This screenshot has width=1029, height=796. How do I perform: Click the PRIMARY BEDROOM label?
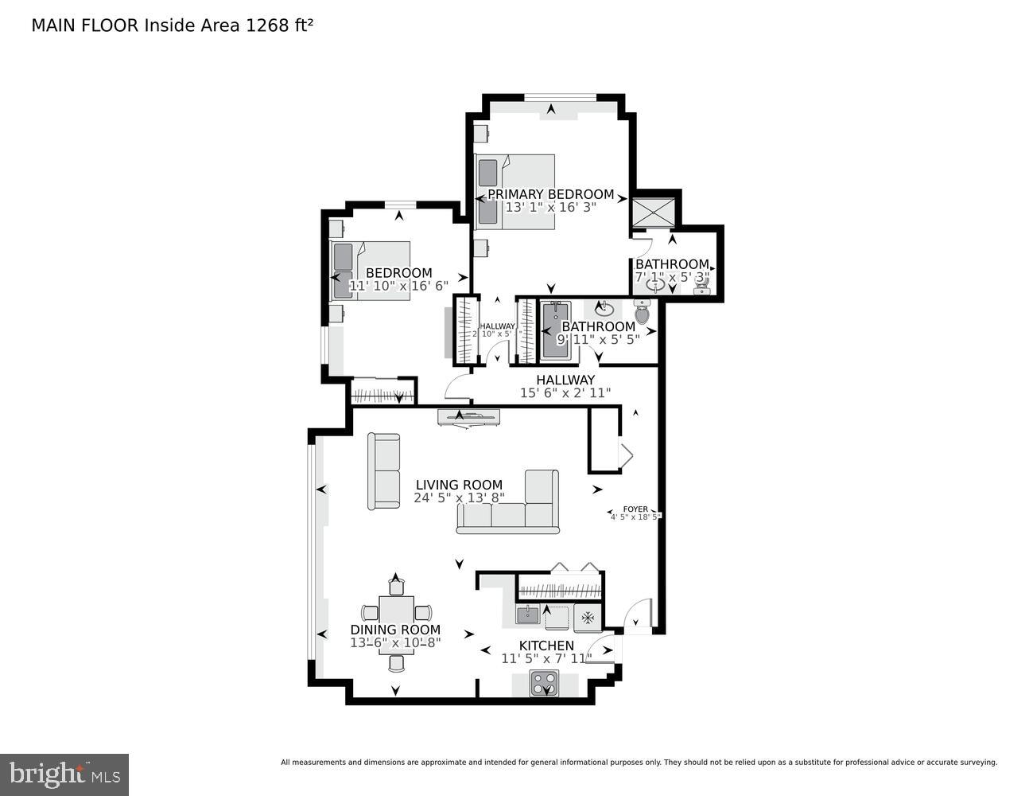[x=550, y=194]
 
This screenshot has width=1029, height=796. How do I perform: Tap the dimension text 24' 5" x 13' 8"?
[x=459, y=498]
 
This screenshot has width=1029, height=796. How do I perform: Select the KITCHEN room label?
[x=546, y=646]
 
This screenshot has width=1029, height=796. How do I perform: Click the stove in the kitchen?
[x=546, y=684]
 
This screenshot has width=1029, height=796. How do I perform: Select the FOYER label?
[x=635, y=509]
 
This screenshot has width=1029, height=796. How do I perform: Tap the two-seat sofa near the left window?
[x=384, y=470]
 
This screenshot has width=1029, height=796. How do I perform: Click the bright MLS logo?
[x=64, y=774]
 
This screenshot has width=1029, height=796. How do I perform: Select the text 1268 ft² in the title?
[x=280, y=25]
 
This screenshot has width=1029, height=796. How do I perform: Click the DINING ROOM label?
[x=395, y=630]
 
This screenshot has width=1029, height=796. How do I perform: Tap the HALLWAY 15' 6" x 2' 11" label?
[x=565, y=386]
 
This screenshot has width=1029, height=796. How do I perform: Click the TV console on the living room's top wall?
[x=468, y=416]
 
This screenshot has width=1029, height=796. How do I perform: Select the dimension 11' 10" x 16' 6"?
[x=399, y=286]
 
